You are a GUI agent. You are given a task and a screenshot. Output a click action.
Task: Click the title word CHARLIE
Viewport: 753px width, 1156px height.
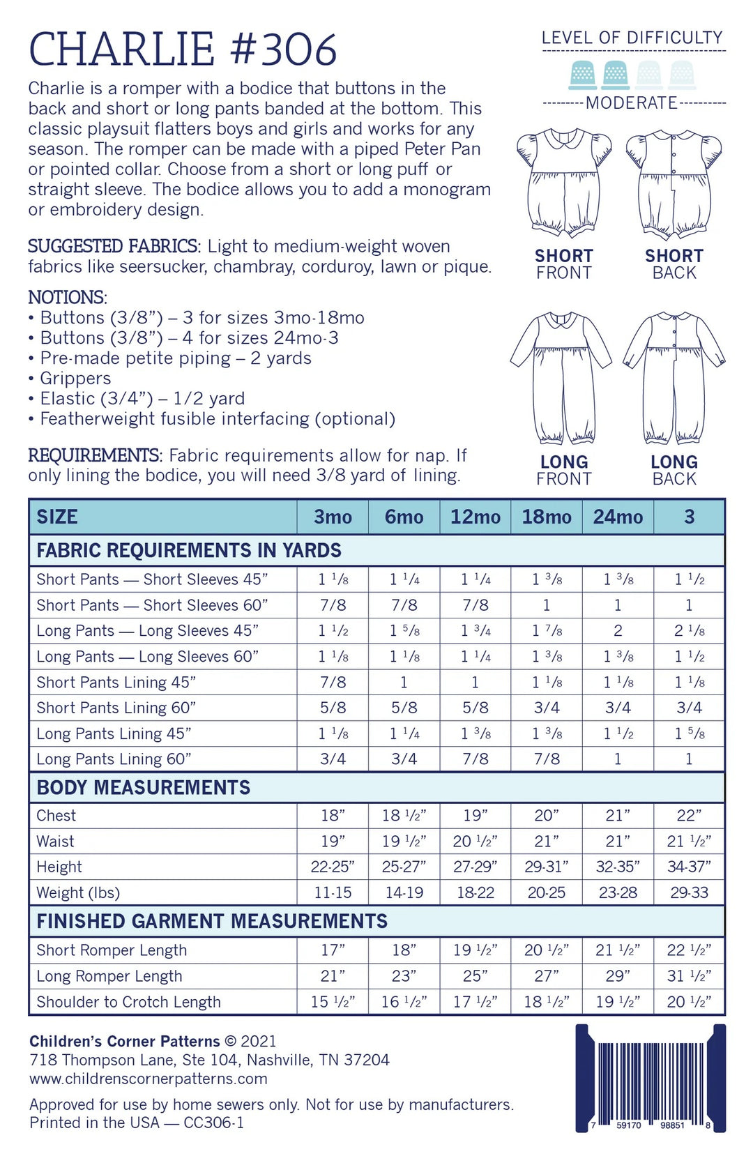[x=122, y=50]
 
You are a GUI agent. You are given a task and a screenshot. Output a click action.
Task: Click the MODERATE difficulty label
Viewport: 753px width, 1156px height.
[x=632, y=103]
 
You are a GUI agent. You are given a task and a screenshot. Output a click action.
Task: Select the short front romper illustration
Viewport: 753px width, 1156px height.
[x=564, y=183]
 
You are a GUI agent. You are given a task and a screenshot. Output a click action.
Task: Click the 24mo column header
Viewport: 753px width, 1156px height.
[x=618, y=517]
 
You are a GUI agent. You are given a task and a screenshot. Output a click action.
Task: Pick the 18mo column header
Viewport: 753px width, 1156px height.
[x=547, y=517]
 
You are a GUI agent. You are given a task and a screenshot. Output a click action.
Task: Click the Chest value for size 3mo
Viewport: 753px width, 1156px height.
[x=333, y=815]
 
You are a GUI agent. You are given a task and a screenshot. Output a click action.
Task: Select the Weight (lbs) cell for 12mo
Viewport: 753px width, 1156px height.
[x=475, y=892]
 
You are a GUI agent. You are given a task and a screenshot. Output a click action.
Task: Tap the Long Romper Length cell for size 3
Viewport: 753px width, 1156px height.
[x=689, y=976]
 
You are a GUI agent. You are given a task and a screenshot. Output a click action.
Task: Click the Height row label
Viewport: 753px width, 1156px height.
[x=59, y=867]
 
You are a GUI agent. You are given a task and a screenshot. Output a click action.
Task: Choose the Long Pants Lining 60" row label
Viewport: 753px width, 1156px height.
[x=114, y=759]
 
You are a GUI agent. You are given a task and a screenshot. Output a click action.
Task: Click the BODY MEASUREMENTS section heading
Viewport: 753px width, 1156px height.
[x=143, y=787]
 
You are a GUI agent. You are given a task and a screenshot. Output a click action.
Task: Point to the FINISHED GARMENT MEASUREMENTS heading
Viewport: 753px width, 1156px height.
[x=212, y=921]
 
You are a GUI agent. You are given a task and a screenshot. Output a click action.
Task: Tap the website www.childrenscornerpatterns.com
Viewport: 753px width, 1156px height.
[x=149, y=1079]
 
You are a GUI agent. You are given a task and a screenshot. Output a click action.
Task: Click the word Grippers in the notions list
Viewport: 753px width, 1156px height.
[x=75, y=378]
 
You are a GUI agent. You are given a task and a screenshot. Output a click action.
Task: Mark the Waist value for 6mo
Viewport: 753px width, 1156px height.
[x=404, y=841]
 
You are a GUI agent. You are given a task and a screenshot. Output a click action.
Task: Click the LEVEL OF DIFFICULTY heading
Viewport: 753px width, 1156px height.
[x=632, y=38]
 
